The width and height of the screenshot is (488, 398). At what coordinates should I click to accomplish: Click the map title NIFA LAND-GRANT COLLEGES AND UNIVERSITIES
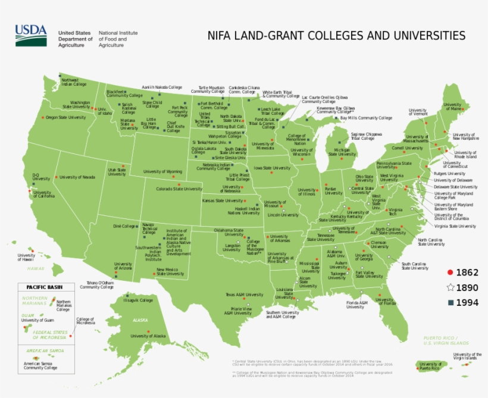[336, 35]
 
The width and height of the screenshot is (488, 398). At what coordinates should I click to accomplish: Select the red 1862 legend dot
[451, 272]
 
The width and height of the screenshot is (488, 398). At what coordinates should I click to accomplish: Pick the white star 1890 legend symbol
[451, 287]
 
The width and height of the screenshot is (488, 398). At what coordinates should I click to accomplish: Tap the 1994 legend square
[451, 302]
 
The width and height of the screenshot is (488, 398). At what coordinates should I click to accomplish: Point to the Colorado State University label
[179, 189]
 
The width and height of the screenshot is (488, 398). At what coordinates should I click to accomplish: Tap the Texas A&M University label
[244, 294]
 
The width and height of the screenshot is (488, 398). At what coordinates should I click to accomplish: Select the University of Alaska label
[148, 336]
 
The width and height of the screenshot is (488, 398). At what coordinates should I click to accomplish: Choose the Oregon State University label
[65, 118]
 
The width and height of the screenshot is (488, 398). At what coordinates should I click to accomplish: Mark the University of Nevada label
[77, 177]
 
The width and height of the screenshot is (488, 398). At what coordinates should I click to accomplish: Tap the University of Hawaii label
[26, 257]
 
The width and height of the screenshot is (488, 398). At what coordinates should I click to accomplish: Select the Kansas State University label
[223, 201]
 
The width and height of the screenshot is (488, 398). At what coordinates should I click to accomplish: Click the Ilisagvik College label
[138, 300]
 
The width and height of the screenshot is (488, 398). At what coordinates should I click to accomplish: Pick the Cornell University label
[407, 148]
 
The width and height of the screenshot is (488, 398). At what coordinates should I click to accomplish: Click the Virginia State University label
[455, 226]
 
